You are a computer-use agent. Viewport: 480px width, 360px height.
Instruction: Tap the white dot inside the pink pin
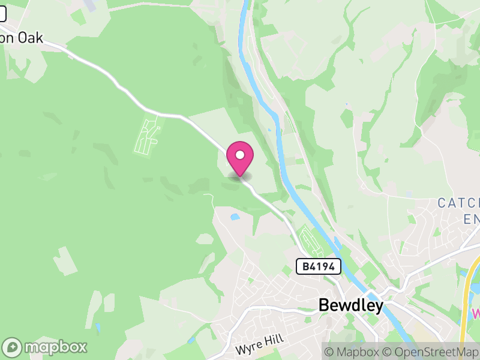click(x=240, y=155)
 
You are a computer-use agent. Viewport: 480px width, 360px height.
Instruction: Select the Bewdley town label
click(x=350, y=305)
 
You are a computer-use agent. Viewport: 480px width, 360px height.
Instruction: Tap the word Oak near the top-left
click(x=31, y=37)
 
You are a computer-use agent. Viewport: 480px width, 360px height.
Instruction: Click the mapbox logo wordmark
click(x=55, y=347)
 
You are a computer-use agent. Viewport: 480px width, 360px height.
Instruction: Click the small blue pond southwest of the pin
click(x=234, y=217)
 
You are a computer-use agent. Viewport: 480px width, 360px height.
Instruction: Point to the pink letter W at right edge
click(x=476, y=313)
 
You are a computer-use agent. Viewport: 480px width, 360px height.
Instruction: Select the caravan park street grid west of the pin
click(x=148, y=135)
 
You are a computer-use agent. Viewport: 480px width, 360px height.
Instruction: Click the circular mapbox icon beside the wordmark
click(x=13, y=347)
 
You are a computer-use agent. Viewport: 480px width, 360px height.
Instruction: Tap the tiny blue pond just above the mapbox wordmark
click(x=97, y=328)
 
